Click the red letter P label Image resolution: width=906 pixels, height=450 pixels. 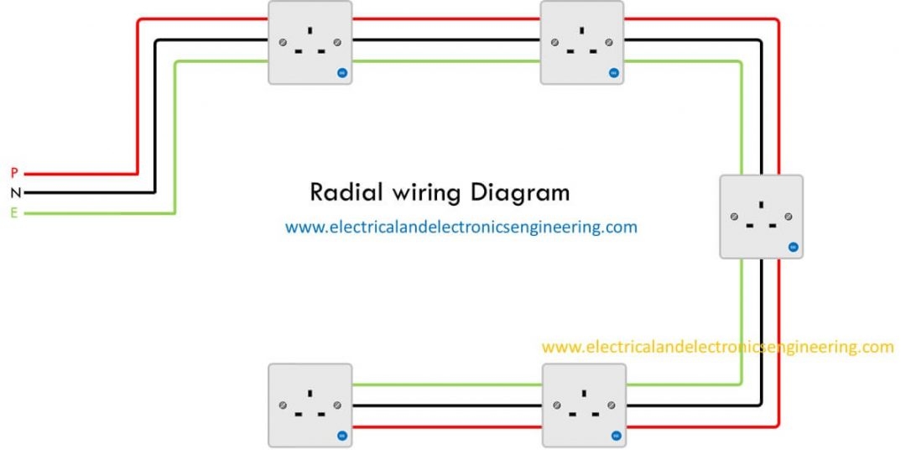coord(14,173)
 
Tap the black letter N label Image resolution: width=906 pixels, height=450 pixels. coord(14,193)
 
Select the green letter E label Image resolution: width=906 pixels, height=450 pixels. coord(14,213)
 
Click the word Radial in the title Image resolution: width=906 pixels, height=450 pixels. coord(344,192)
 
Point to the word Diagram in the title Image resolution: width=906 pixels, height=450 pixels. coord(519,192)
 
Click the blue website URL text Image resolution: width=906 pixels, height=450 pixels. coord(461,227)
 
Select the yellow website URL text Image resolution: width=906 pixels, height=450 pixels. coord(717,347)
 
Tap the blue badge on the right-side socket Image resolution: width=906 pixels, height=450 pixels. coord(793,248)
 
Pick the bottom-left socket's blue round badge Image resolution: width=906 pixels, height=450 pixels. coord(342,436)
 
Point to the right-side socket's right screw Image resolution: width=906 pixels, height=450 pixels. coord(789,217)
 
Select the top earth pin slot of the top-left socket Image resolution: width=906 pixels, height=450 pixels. coord(310,31)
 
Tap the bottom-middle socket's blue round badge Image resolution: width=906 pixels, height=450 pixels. coord(615,436)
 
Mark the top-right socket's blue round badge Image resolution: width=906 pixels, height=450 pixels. coord(614,73)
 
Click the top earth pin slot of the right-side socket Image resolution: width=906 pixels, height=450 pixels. coord(761,204)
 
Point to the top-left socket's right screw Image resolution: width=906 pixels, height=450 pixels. coord(337,42)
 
